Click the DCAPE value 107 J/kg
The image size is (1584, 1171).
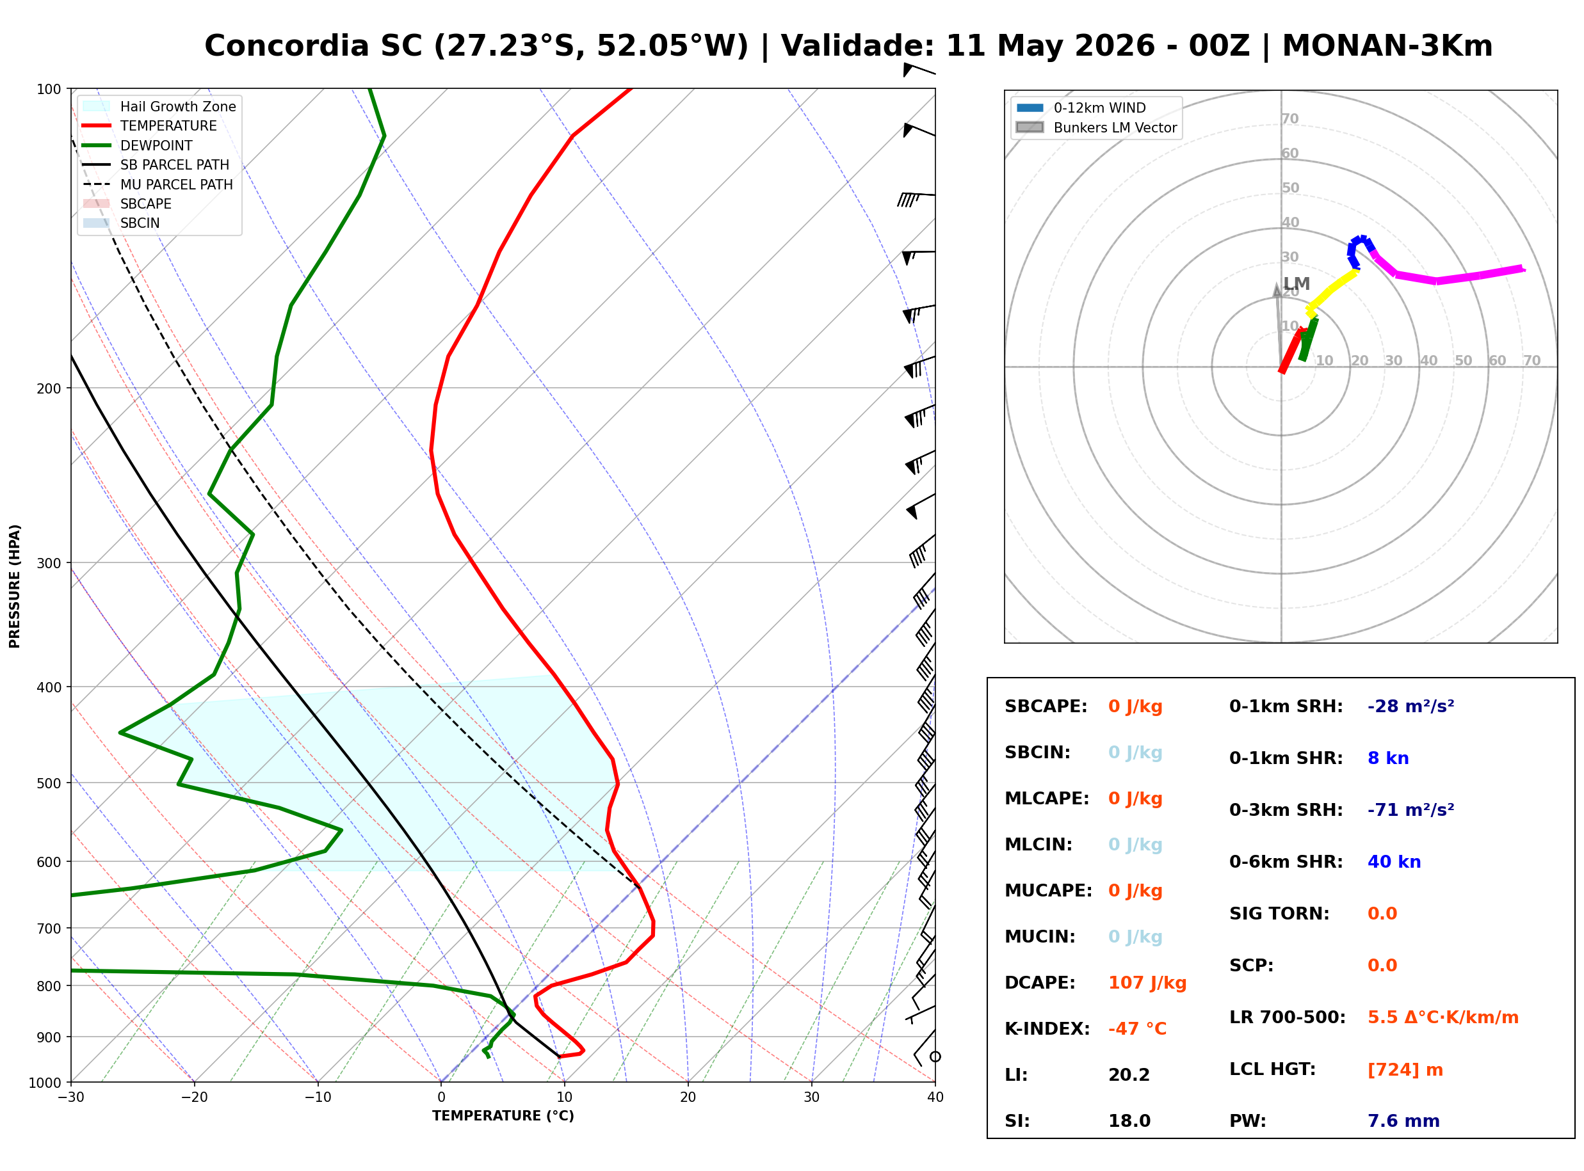pos(1147,983)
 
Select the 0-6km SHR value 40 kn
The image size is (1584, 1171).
pos(1394,862)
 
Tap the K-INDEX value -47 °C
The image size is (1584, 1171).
pos(1136,1029)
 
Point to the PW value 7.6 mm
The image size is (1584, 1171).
pos(1403,1121)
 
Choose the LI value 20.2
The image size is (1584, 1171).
pos(1129,1075)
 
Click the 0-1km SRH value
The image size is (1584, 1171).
pos(1410,706)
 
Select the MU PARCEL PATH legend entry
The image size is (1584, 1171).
pos(158,185)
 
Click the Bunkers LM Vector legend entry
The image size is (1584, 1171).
pos(1096,127)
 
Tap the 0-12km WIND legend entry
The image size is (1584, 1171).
pos(1081,108)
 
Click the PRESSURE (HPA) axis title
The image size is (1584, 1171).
pos(15,586)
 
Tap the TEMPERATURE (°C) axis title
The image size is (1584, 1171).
pos(503,1116)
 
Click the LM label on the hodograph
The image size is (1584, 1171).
pos(1297,284)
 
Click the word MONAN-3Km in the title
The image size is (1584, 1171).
pos(1387,46)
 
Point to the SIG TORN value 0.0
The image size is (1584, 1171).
pos(1382,914)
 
